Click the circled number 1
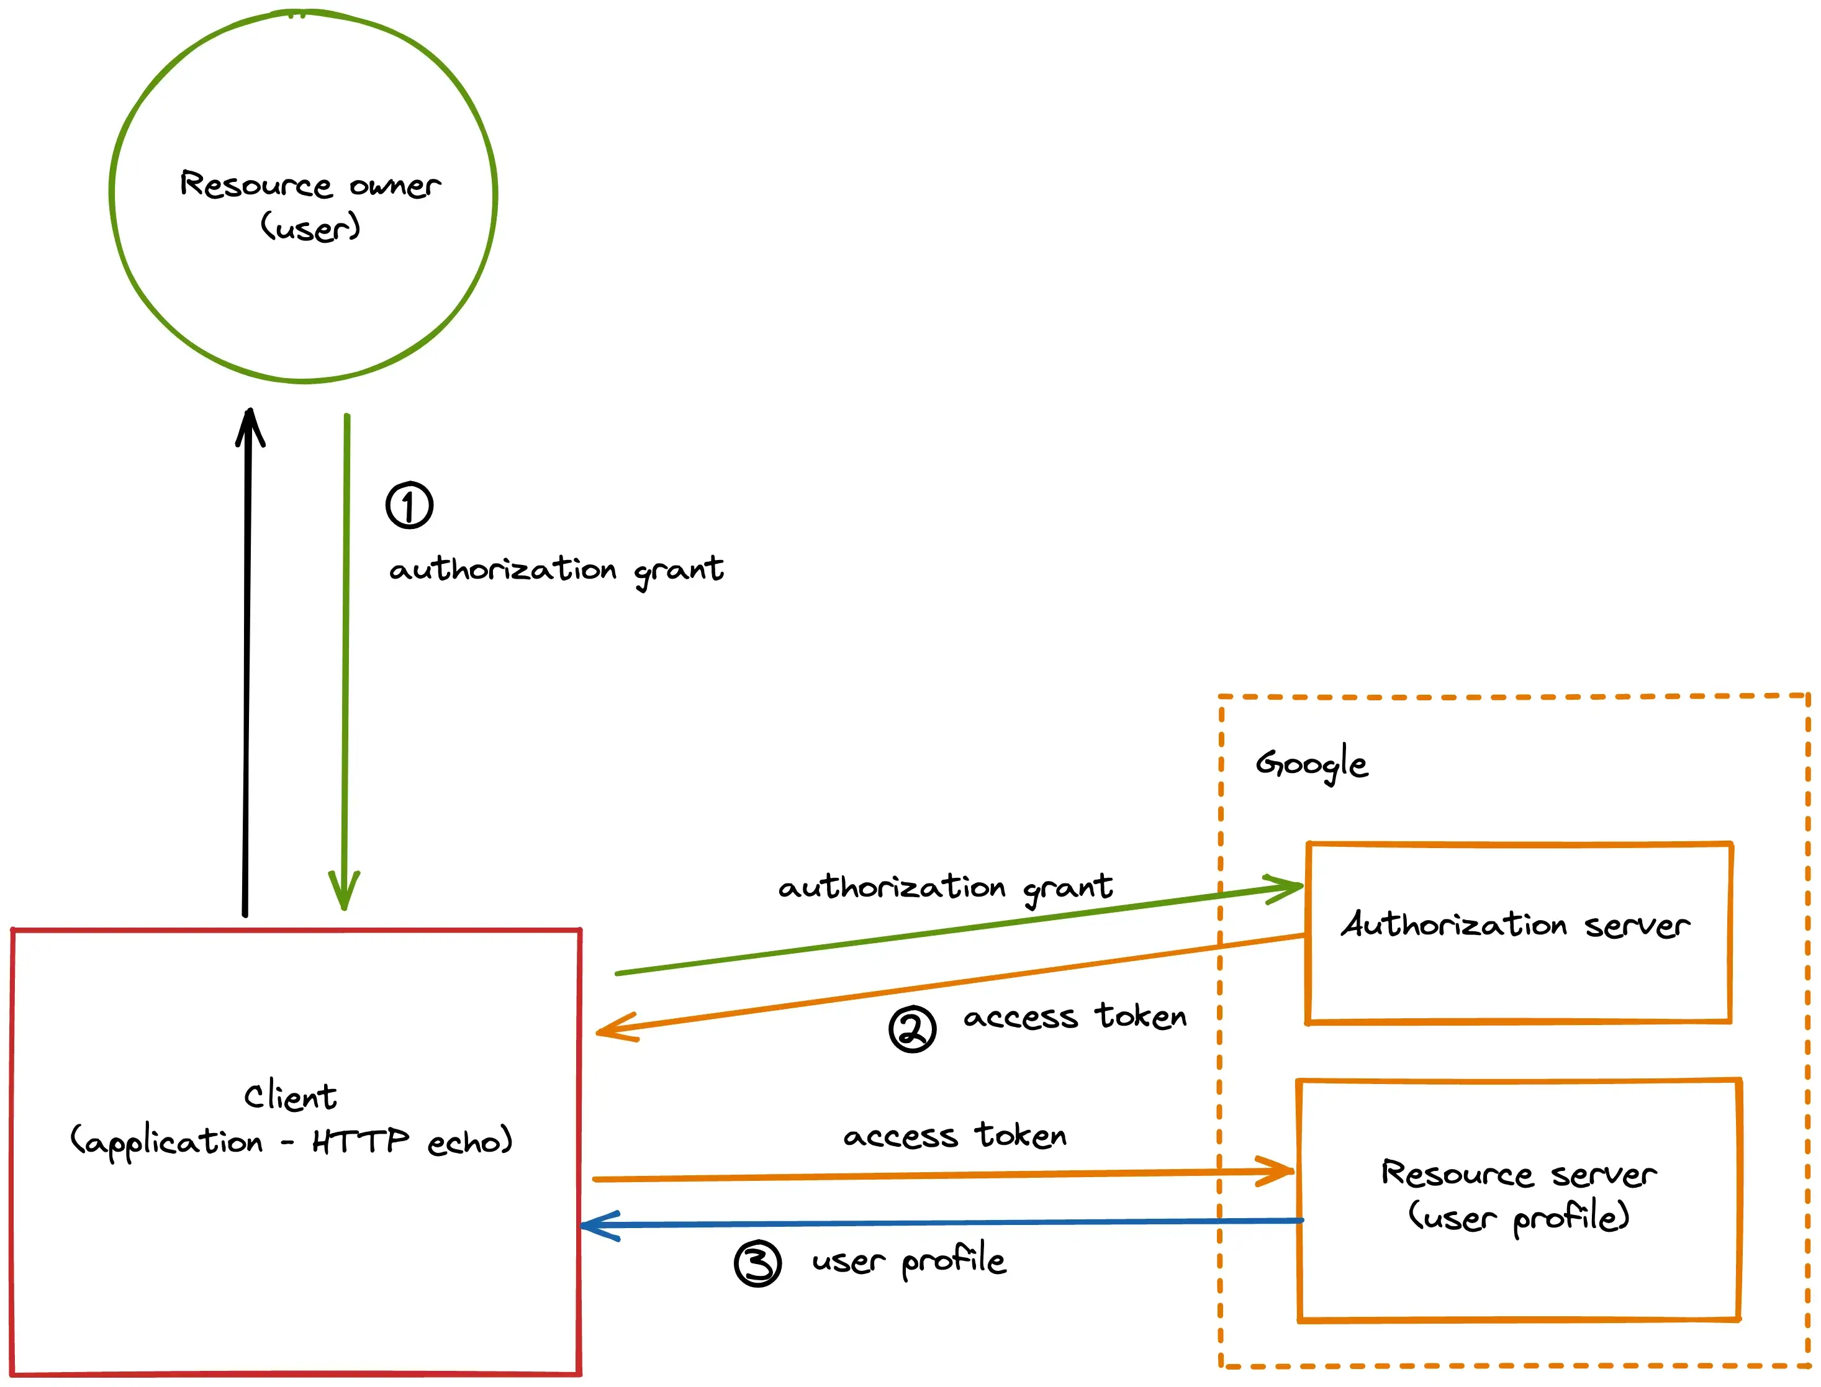(x=409, y=505)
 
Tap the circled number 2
(x=912, y=1029)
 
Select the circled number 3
(x=757, y=1263)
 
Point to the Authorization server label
(x=1515, y=924)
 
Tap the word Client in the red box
(x=290, y=1096)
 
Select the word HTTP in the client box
(x=360, y=1142)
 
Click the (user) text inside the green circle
(x=310, y=227)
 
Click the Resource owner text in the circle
(x=310, y=185)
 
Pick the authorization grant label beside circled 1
(x=556, y=571)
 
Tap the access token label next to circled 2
(x=1075, y=1017)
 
